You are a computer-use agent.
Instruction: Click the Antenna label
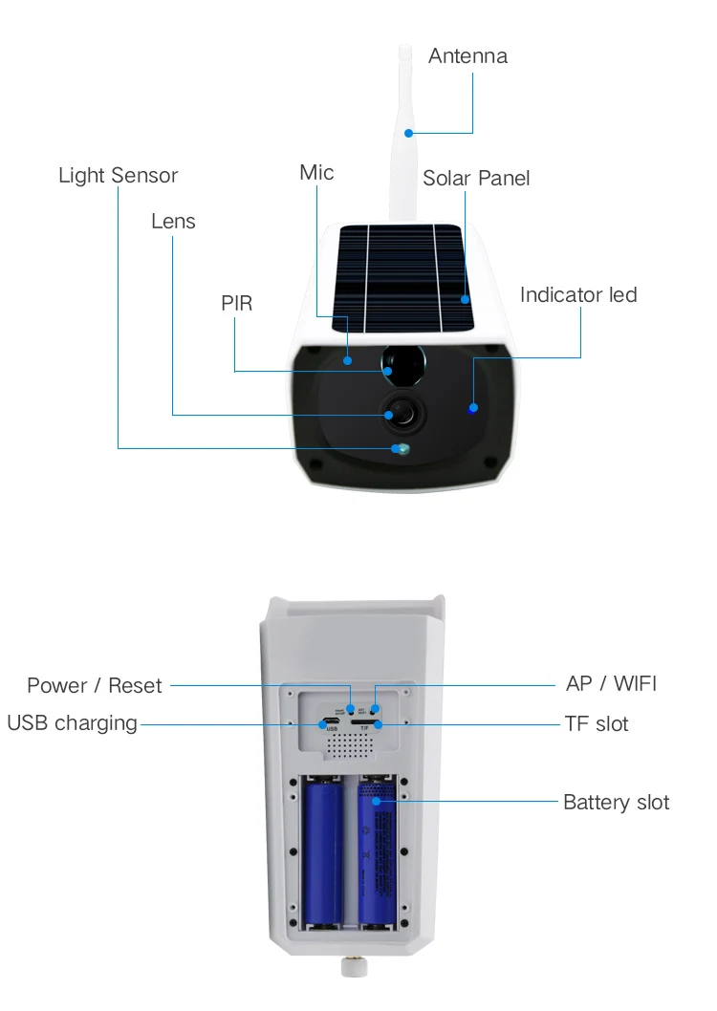(467, 55)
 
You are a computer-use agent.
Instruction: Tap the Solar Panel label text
(476, 178)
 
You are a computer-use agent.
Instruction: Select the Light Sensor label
(118, 176)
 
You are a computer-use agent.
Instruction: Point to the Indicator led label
(577, 294)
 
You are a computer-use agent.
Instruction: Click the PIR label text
(236, 304)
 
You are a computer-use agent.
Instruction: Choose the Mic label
(316, 172)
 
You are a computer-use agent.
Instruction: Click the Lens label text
(173, 222)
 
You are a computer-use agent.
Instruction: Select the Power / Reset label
(95, 685)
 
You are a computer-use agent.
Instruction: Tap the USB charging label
(72, 723)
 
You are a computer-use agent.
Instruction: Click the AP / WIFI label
(612, 684)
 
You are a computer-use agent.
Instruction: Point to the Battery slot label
(616, 802)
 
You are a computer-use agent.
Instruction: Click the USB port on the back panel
(331, 721)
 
